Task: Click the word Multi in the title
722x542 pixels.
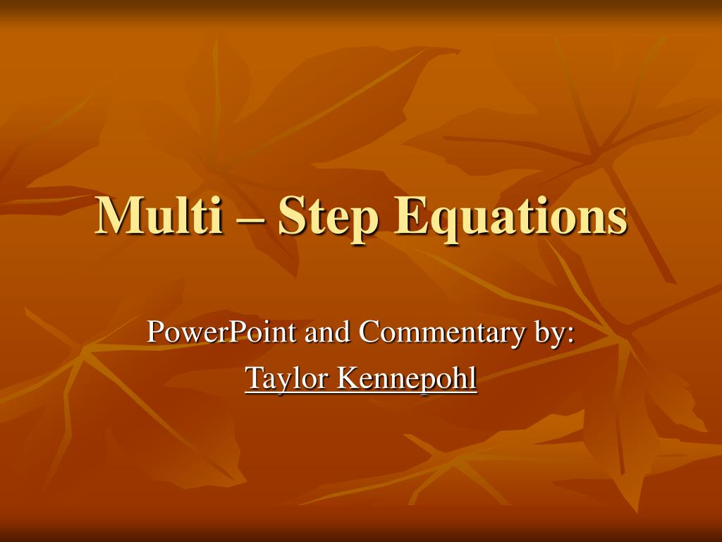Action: point(157,215)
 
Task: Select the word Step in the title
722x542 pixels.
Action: point(320,217)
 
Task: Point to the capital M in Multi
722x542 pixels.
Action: point(116,215)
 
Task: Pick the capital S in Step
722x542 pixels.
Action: point(290,215)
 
